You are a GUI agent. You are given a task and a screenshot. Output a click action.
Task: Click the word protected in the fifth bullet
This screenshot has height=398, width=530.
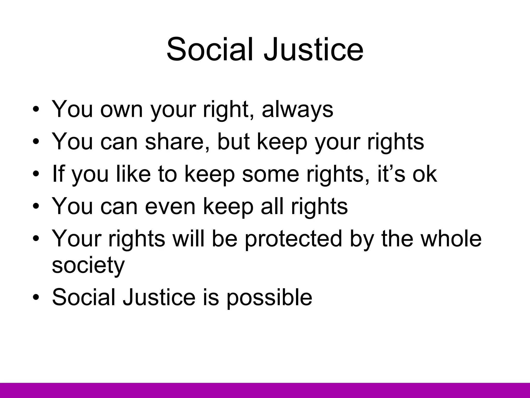pos(293,239)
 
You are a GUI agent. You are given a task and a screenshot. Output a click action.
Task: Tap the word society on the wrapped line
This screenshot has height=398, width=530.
pos(88,265)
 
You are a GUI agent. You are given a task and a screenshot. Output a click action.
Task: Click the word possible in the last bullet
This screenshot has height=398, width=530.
pos(269,297)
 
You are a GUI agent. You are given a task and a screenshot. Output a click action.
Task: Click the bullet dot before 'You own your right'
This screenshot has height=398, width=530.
pos(36,110)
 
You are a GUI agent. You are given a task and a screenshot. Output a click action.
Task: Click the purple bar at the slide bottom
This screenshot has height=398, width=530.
pos(265,390)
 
